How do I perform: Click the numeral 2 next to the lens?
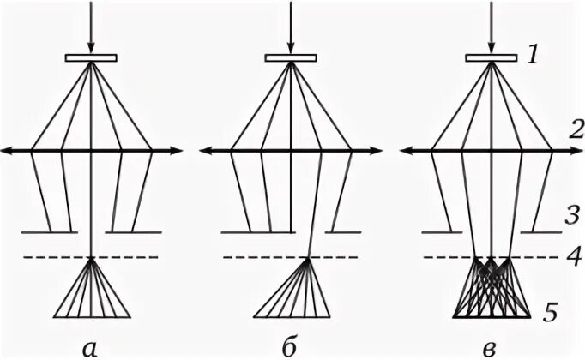pyautogui.click(x=553, y=129)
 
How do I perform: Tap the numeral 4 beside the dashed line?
pyautogui.click(x=552, y=255)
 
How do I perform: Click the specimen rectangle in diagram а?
pyautogui.click(x=91, y=58)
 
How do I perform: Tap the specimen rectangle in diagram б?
pyautogui.click(x=291, y=58)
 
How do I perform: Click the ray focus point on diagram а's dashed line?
pyautogui.click(x=91, y=258)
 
